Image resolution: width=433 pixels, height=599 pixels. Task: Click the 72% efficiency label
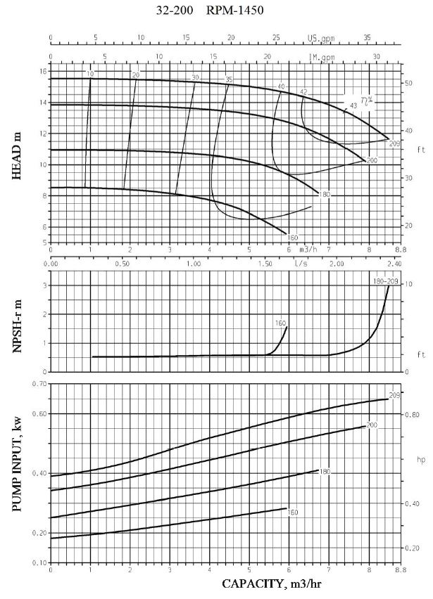point(366,101)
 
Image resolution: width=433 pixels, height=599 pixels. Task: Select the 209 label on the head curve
point(394,143)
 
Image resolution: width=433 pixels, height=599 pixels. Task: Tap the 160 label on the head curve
point(293,238)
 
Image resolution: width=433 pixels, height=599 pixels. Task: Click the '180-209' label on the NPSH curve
point(385,281)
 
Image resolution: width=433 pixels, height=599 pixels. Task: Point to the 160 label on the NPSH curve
point(281,323)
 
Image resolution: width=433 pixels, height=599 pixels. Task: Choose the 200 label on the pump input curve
point(372,426)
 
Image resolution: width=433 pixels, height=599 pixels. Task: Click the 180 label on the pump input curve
point(325,471)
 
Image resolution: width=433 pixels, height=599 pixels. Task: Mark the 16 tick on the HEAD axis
point(43,72)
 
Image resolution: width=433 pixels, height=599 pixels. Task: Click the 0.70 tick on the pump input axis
point(39,384)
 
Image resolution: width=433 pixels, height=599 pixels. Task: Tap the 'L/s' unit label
point(301,264)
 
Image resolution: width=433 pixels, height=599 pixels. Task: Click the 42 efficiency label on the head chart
point(303,92)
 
